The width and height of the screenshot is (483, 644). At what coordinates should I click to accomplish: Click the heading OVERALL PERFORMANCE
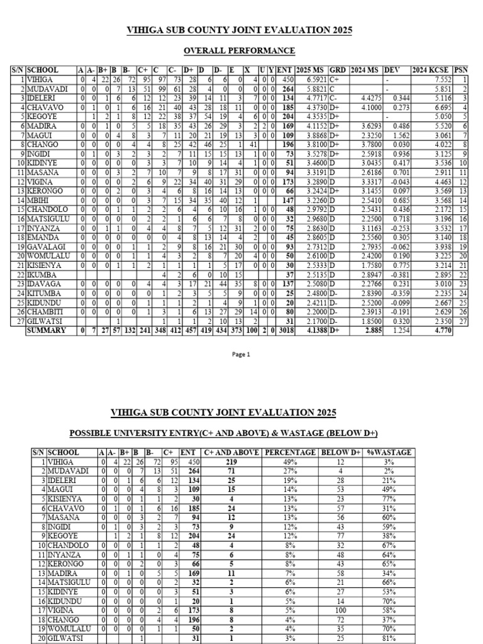coord(239,50)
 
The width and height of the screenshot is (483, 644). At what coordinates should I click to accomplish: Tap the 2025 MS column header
coord(311,70)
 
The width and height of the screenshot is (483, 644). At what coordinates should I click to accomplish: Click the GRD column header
coord(338,70)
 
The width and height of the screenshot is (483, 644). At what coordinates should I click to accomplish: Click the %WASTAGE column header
coord(394,452)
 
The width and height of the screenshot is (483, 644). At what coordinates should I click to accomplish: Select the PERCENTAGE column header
coord(291,452)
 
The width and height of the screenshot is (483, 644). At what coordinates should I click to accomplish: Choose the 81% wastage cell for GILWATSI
coord(402,639)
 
